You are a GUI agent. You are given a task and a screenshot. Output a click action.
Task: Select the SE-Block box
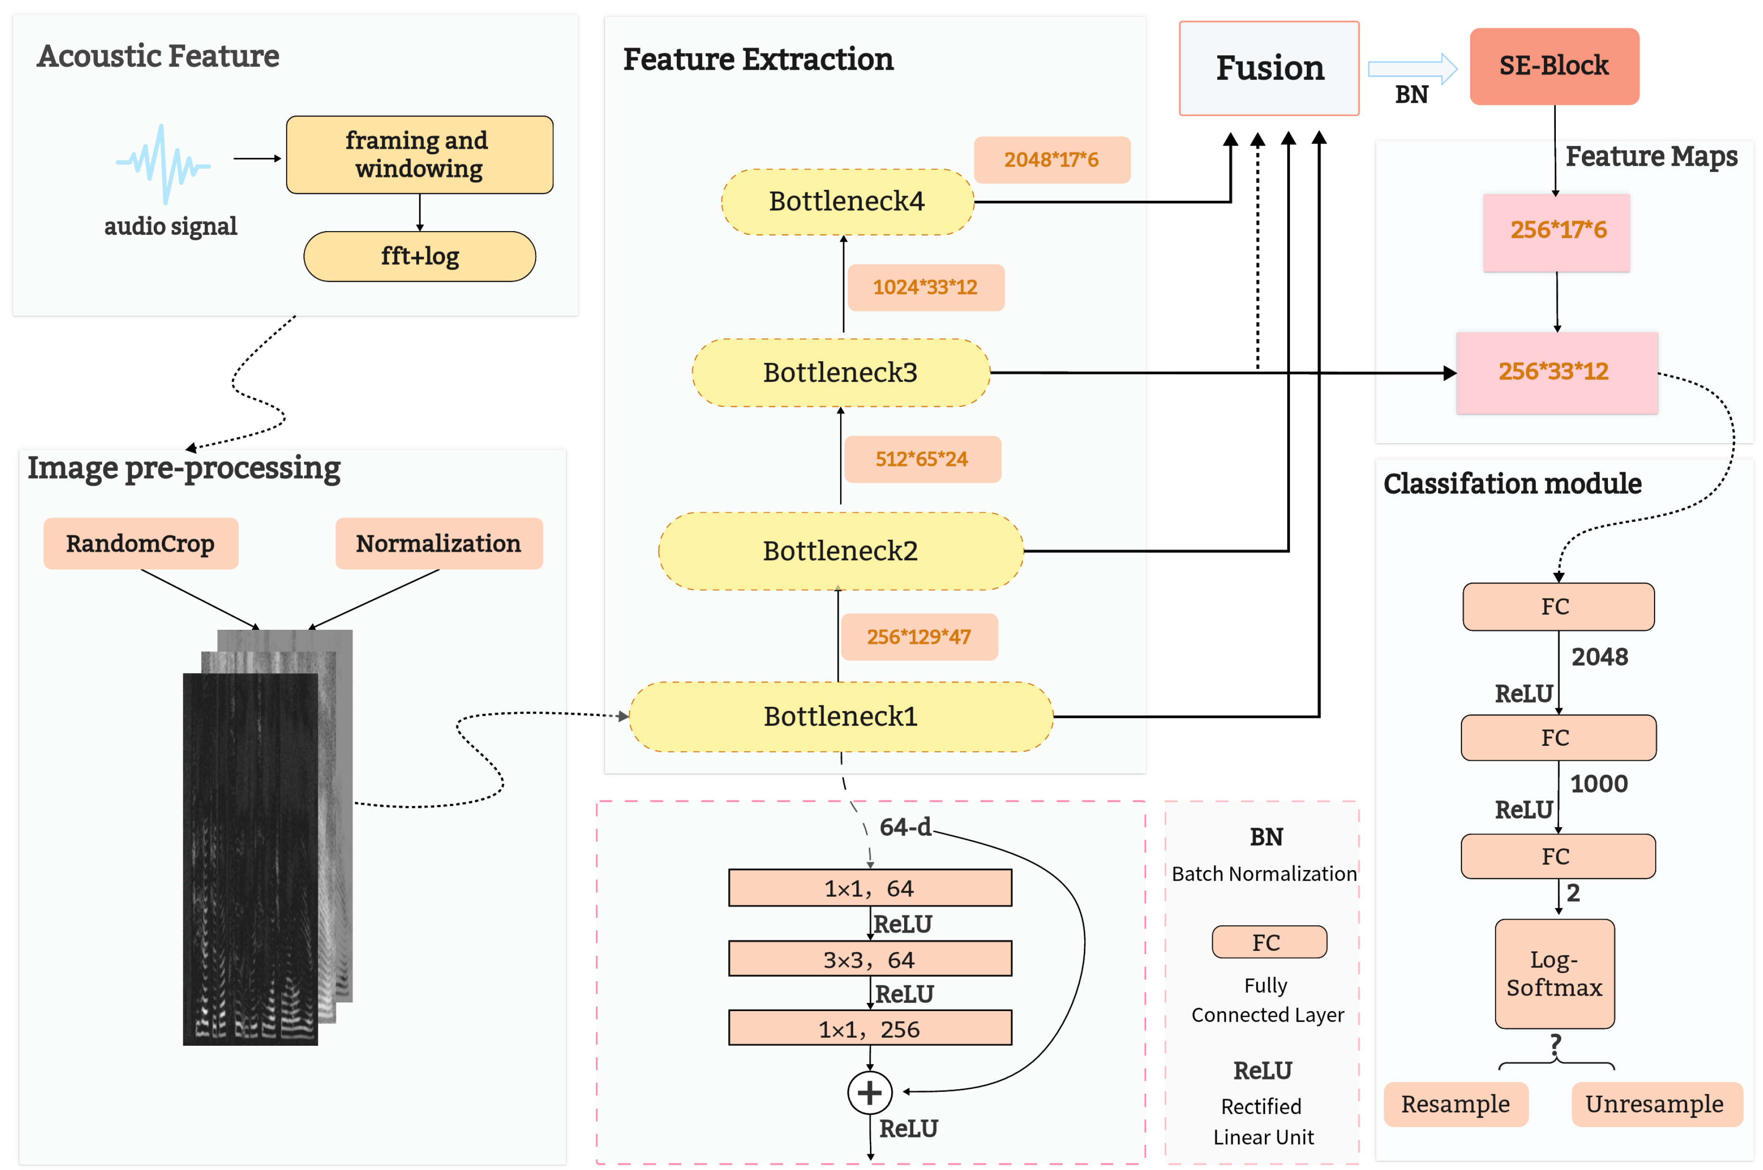click(1553, 66)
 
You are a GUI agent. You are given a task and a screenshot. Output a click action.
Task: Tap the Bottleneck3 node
click(841, 372)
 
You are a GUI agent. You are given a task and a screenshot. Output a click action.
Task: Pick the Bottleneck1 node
click(841, 716)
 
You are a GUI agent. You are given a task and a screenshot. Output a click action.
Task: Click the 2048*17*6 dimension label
click(1051, 160)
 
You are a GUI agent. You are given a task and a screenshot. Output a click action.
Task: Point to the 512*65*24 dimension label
click(922, 459)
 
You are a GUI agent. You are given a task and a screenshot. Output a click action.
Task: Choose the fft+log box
click(420, 256)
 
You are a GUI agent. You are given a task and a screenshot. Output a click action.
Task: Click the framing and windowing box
click(420, 155)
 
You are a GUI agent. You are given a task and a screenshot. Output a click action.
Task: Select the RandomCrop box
click(140, 543)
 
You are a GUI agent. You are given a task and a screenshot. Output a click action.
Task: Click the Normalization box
click(438, 543)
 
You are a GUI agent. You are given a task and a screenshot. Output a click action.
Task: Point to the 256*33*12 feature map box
click(1556, 372)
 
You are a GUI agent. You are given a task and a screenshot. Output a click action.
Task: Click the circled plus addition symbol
click(869, 1092)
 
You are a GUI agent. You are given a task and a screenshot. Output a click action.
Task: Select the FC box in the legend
click(1268, 942)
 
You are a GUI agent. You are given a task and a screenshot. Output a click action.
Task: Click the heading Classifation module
click(1512, 483)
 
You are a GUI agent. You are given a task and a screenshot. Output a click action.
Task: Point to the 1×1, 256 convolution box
click(869, 1028)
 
